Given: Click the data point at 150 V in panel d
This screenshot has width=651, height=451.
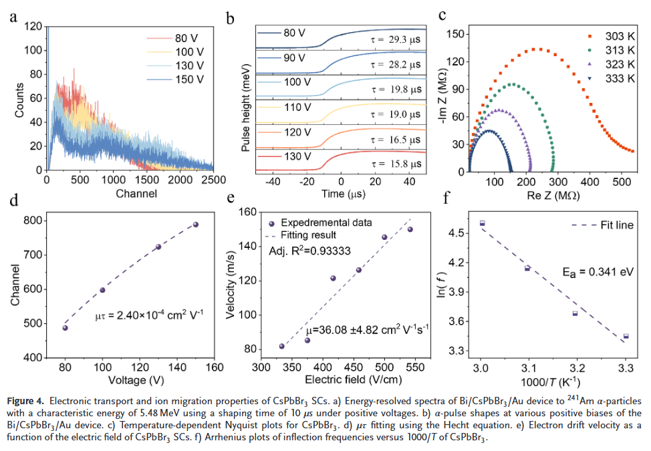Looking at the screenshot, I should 196,224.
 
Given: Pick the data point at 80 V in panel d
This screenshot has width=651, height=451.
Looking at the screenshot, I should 66,327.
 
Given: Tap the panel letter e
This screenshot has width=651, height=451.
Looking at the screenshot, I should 231,198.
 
